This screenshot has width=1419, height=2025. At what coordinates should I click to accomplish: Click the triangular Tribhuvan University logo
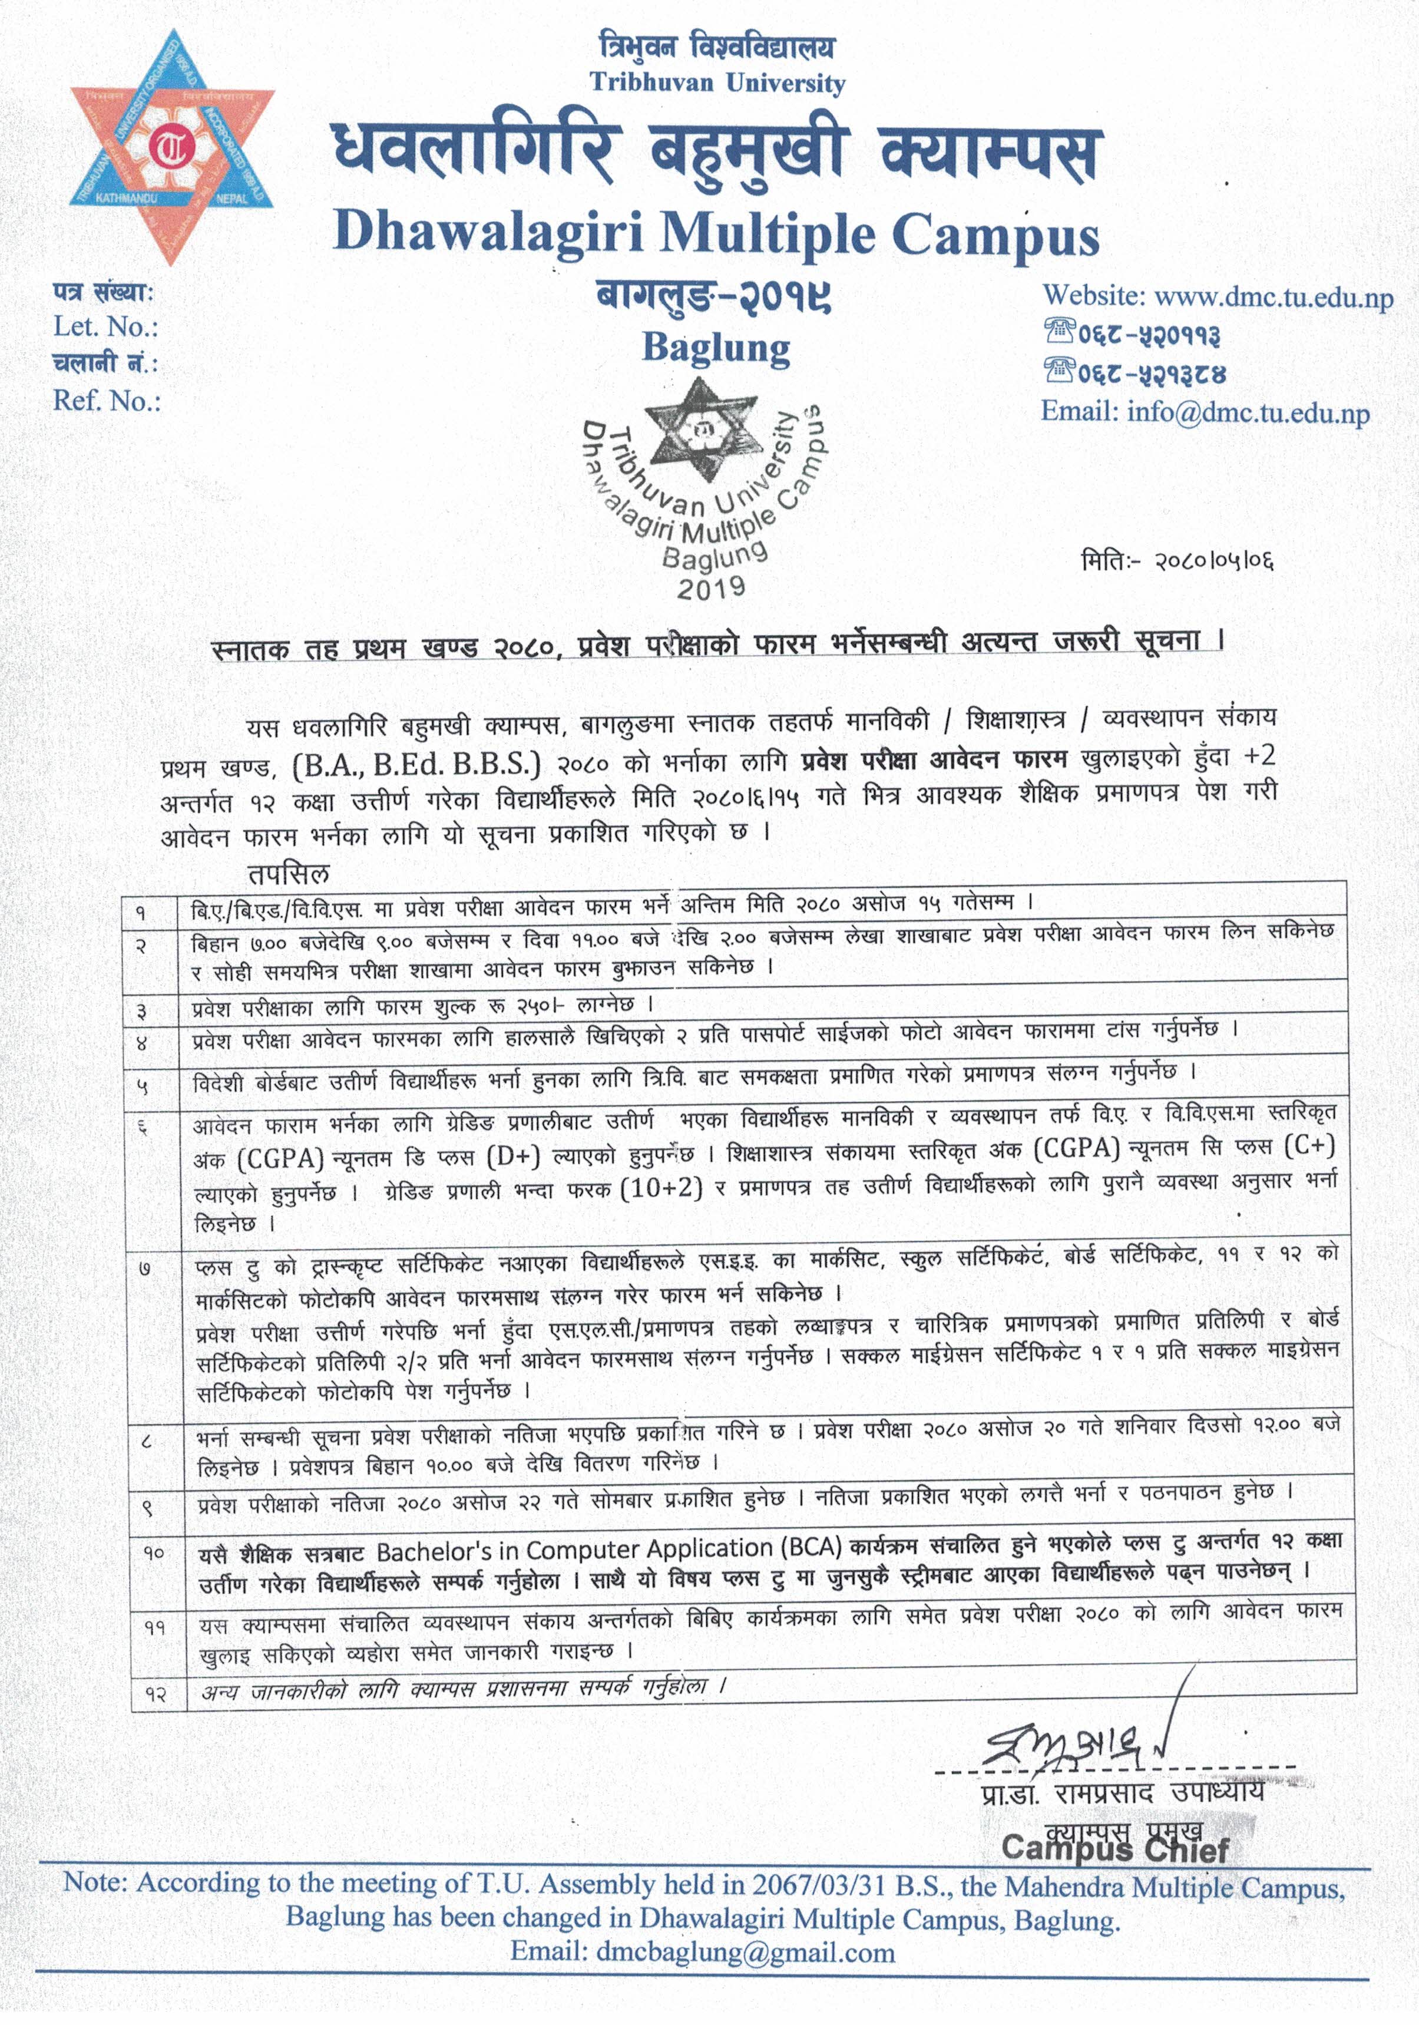(173, 146)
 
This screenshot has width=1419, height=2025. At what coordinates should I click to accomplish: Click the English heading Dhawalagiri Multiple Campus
(716, 234)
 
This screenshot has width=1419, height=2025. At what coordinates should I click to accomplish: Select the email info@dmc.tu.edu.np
(1248, 411)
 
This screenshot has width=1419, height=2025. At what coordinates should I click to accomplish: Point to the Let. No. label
(106, 327)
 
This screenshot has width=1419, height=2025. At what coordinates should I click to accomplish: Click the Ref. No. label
(107, 402)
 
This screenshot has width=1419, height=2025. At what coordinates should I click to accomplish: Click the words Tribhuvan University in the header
(717, 84)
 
